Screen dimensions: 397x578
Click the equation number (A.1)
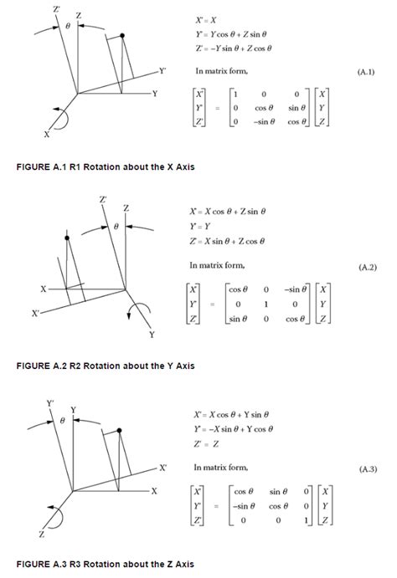click(366, 73)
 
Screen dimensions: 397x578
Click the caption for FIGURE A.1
click(106, 167)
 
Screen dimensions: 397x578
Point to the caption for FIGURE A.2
click(106, 366)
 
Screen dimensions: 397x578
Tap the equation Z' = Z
click(206, 443)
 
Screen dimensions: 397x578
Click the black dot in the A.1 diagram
click(122, 35)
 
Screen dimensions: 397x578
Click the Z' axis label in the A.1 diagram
click(57, 8)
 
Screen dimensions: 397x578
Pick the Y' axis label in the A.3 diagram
click(50, 403)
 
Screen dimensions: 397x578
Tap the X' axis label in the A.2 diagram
click(35, 314)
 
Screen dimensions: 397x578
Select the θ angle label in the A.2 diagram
click(116, 226)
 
